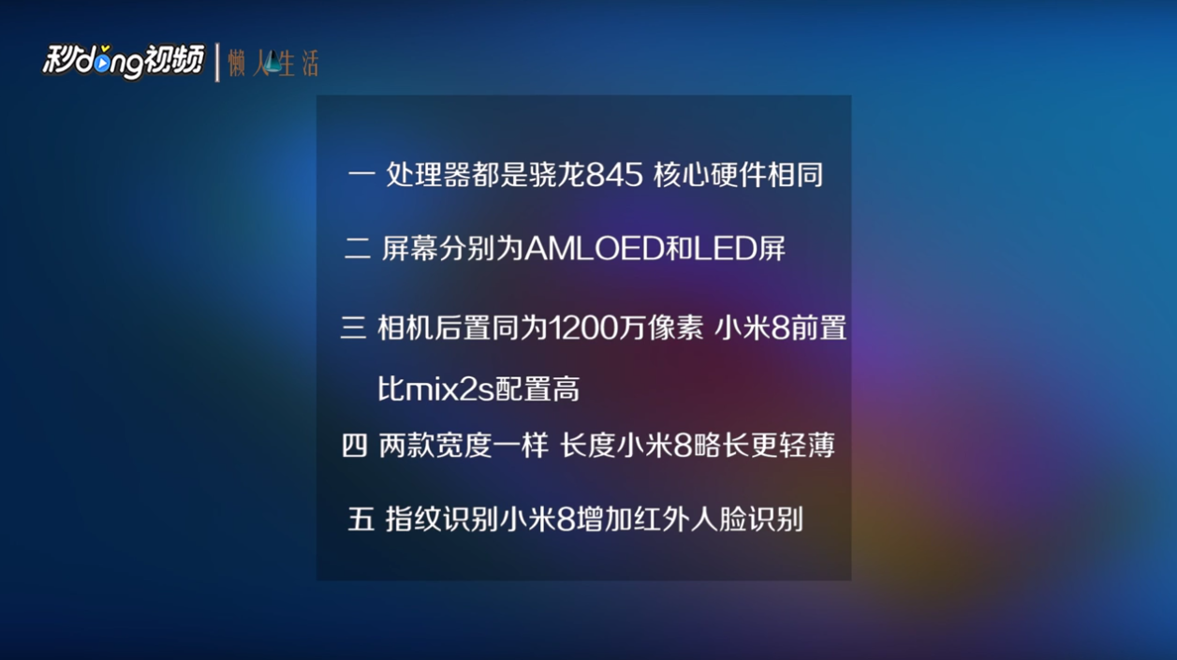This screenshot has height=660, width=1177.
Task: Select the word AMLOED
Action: pyautogui.click(x=594, y=248)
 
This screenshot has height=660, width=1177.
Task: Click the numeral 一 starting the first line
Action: pyautogui.click(x=361, y=173)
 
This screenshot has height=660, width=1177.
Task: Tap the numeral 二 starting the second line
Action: pyautogui.click(x=358, y=248)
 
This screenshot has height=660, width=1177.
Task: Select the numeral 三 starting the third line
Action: pyautogui.click(x=353, y=328)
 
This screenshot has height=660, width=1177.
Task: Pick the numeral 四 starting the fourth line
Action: pyautogui.click(x=354, y=446)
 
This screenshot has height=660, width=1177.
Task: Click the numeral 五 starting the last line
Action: pyautogui.click(x=361, y=520)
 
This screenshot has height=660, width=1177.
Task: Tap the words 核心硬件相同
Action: pyautogui.click(x=738, y=175)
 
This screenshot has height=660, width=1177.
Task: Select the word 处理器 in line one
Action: pyautogui.click(x=429, y=174)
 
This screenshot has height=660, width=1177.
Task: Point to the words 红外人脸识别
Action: pyautogui.click(x=719, y=520)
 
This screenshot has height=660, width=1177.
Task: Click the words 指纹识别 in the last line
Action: pyautogui.click(x=441, y=520)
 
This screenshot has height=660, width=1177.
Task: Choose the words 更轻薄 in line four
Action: pyautogui.click(x=792, y=446)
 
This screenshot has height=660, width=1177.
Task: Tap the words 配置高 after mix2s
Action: pyautogui.click(x=537, y=389)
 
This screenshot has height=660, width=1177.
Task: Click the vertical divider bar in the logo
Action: pyautogui.click(x=217, y=63)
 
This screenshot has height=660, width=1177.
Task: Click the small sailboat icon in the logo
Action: pyautogui.click(x=272, y=63)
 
